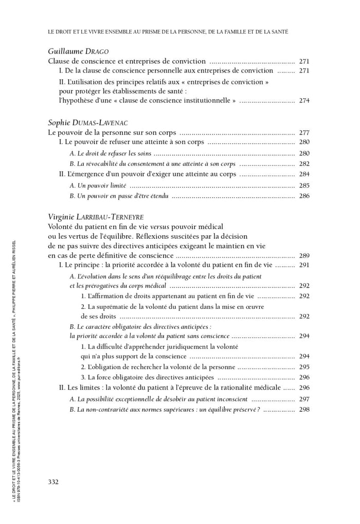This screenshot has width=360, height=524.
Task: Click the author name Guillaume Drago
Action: pos(78,51)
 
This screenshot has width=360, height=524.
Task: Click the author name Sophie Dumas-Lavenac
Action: pos(87,123)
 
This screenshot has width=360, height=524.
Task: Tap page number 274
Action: pos(304,100)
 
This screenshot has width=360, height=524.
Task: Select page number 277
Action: pos(304,132)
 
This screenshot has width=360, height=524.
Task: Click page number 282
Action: pos(304,164)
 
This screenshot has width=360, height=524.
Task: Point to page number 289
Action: pos(304,255)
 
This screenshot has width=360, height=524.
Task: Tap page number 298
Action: pos(304,409)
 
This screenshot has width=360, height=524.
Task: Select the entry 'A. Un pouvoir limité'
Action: pos(98,185)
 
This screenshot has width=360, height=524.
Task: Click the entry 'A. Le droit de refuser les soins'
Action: pos(110,153)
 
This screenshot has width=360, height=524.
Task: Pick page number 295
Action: pos(304,367)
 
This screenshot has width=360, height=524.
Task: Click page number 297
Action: pos(304,399)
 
